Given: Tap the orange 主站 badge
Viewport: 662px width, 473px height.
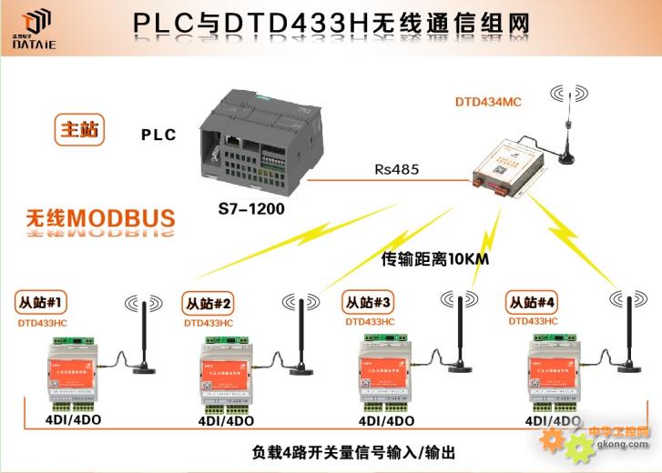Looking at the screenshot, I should click(78, 130).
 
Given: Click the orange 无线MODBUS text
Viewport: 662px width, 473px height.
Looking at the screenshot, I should click(100, 218).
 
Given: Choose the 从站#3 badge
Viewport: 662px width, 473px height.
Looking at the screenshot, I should click(368, 301).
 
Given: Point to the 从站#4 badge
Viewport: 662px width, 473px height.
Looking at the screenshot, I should click(532, 303).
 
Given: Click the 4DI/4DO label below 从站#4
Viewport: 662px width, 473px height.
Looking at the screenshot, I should click(553, 421).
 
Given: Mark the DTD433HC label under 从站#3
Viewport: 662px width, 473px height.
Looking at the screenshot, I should click(370, 322).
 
